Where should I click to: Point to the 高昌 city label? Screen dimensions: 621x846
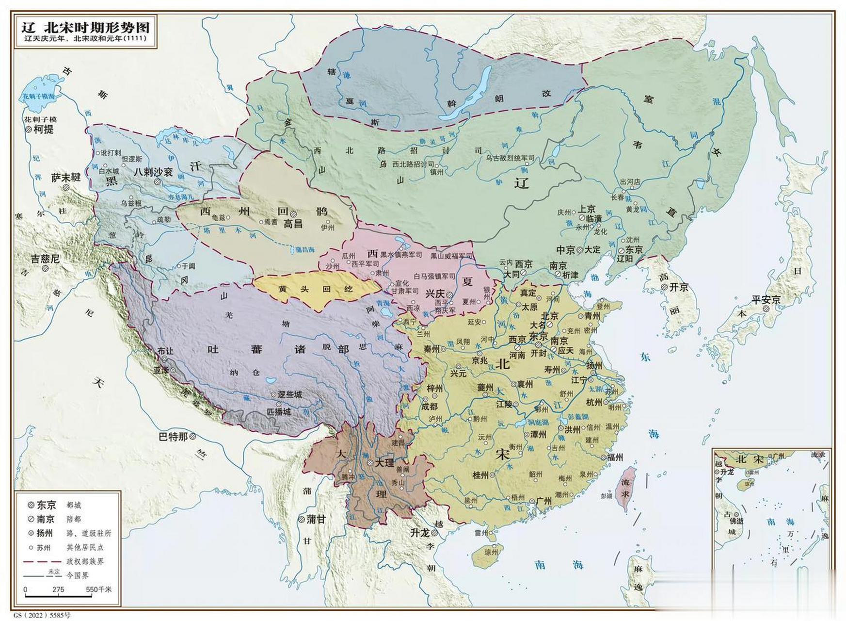(x=293, y=224)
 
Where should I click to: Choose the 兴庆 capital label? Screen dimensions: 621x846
(x=435, y=294)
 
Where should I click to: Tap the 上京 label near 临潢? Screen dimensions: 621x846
(x=587, y=209)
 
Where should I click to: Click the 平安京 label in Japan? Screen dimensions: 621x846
(x=766, y=300)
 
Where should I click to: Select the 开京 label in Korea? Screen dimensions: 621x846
(x=679, y=287)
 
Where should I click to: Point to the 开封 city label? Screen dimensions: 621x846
(x=538, y=353)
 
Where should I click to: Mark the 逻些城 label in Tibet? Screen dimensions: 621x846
(x=289, y=394)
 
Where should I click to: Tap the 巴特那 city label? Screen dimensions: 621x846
(x=173, y=437)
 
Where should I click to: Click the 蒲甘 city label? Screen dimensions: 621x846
(x=316, y=519)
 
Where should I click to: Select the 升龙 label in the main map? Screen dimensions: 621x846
(x=419, y=533)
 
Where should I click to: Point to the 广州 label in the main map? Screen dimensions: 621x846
(x=543, y=501)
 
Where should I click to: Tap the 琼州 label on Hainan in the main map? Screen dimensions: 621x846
(x=491, y=552)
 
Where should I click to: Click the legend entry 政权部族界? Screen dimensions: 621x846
(x=85, y=561)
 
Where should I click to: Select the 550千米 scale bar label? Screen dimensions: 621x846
(x=99, y=589)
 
